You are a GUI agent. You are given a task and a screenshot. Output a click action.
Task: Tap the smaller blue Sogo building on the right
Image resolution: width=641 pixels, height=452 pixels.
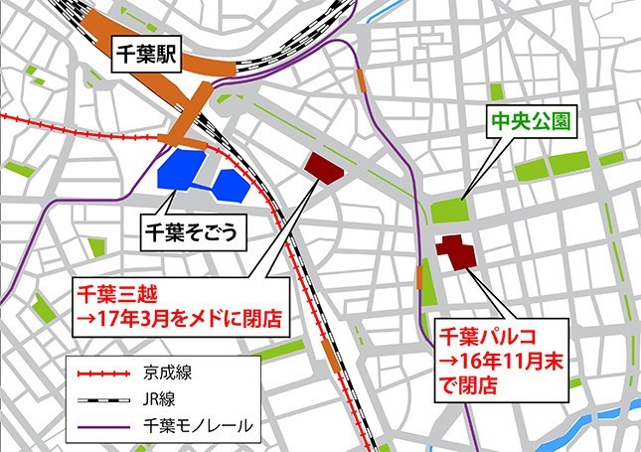pos(230,183)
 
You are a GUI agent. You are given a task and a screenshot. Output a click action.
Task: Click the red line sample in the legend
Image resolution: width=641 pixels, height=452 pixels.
pos(103,376)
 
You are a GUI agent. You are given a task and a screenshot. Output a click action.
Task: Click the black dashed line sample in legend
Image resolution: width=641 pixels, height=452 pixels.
pos(103,400)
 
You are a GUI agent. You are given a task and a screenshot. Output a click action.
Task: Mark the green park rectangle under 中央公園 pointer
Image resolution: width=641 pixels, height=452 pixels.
pos(450,211)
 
